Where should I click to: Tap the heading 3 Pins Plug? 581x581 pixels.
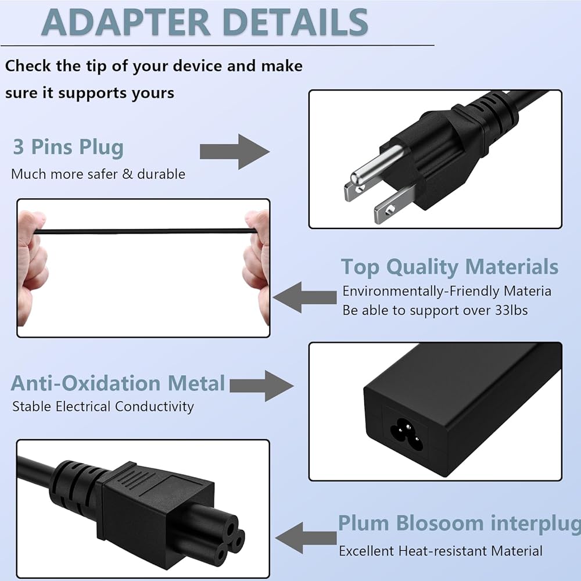(x=68, y=147)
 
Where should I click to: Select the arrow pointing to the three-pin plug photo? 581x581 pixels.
(x=235, y=152)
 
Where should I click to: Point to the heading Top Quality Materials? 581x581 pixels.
(x=449, y=267)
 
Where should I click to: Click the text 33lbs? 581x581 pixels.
(x=508, y=310)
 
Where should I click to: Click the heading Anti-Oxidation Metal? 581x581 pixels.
(x=118, y=383)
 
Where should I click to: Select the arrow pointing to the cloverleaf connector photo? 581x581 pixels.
(x=304, y=537)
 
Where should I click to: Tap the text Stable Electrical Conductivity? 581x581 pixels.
(x=103, y=406)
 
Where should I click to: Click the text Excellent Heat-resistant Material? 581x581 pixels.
(x=440, y=551)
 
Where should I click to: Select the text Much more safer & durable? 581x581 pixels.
(x=98, y=174)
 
